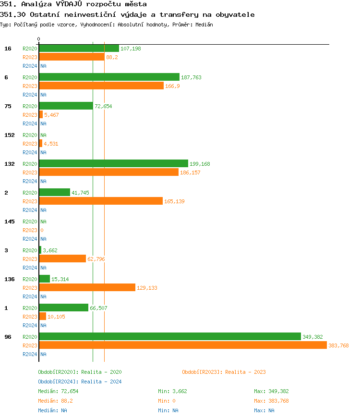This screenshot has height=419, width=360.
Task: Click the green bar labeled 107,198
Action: (79, 49)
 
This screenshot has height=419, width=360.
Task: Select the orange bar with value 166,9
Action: (101, 86)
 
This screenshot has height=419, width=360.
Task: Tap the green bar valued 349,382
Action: (170, 337)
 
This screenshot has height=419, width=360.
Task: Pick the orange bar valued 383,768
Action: (183, 345)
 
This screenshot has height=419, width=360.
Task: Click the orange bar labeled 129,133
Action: (87, 288)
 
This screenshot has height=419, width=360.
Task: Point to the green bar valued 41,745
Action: (54, 193)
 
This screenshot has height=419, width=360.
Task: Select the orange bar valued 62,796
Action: (62, 259)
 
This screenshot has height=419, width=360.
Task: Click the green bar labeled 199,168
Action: (113, 164)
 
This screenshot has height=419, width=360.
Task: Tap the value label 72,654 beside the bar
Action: (103, 106)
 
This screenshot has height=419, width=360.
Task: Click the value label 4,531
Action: (51, 144)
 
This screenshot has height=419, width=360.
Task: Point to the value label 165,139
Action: (174, 201)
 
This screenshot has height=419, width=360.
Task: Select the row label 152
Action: (10, 135)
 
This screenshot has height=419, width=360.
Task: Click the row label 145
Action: (10, 222)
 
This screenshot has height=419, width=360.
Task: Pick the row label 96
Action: (8, 337)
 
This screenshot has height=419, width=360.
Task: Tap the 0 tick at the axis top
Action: (39, 39)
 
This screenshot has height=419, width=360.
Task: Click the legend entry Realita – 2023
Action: (224, 372)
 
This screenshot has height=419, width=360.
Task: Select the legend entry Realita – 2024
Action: (80, 382)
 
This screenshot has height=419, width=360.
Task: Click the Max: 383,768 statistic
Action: (271, 401)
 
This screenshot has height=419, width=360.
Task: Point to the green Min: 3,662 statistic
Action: (172, 391)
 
